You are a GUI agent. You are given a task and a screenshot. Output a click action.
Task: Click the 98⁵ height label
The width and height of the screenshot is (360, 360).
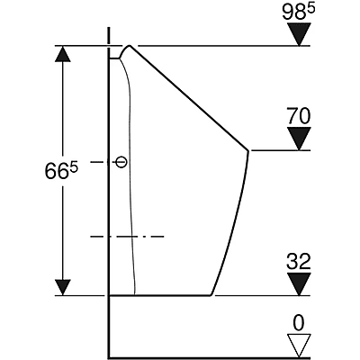299,12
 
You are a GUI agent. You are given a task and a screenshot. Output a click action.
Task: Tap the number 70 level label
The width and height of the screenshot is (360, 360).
298,116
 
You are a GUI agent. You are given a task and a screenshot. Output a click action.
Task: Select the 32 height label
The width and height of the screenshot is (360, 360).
298,262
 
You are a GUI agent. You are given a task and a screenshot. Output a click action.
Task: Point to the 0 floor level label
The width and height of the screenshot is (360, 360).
299,323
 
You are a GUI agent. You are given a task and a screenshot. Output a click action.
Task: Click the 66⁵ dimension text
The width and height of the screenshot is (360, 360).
61,170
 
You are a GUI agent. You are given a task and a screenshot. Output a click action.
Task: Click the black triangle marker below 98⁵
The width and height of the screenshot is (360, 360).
299,34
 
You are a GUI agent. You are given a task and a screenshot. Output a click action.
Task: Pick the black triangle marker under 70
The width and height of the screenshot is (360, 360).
299,139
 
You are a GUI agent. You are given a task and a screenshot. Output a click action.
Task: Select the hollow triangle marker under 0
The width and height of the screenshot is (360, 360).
299,345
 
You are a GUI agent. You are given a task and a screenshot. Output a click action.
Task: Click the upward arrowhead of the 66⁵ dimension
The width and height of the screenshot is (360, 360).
63,54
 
